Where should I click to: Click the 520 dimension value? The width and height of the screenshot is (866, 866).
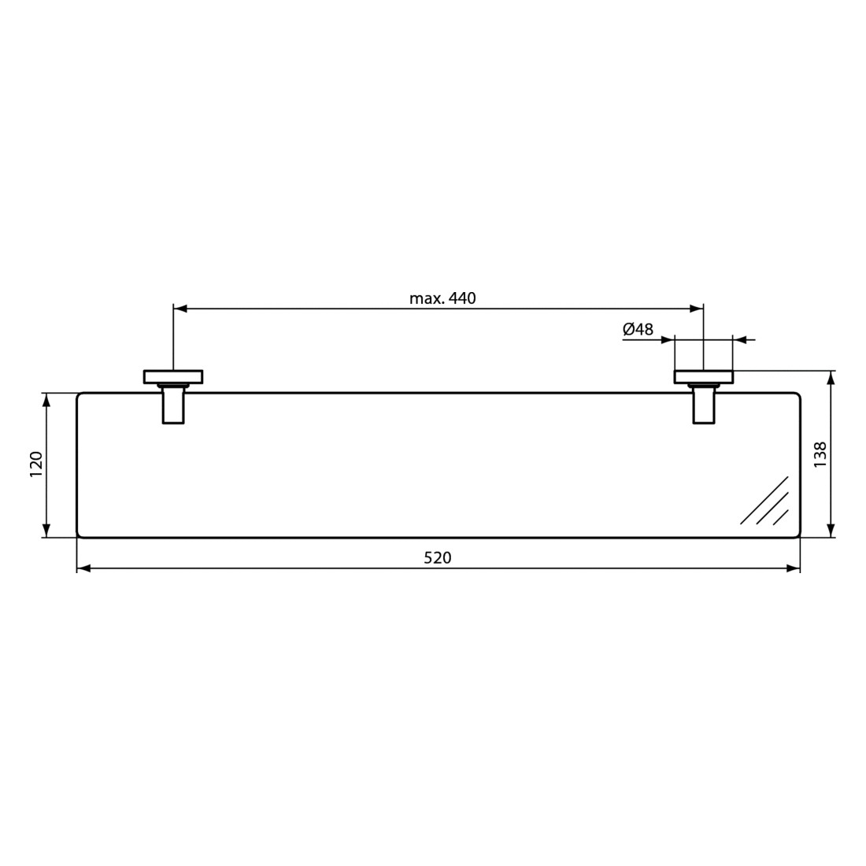[x=438, y=558]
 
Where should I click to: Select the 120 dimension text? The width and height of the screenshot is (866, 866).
[x=36, y=464]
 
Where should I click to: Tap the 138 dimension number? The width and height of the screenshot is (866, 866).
[x=820, y=454]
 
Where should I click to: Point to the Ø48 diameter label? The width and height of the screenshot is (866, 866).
[x=638, y=330]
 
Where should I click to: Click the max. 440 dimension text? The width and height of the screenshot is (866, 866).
[x=442, y=298]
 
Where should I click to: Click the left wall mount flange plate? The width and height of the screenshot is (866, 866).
[x=173, y=376]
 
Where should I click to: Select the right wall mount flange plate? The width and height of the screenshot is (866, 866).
[x=704, y=376]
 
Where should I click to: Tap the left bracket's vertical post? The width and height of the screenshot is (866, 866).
[x=173, y=405]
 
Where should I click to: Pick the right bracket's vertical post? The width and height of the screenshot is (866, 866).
[x=704, y=405]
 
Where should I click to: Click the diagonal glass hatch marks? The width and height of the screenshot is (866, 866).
[x=764, y=501]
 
